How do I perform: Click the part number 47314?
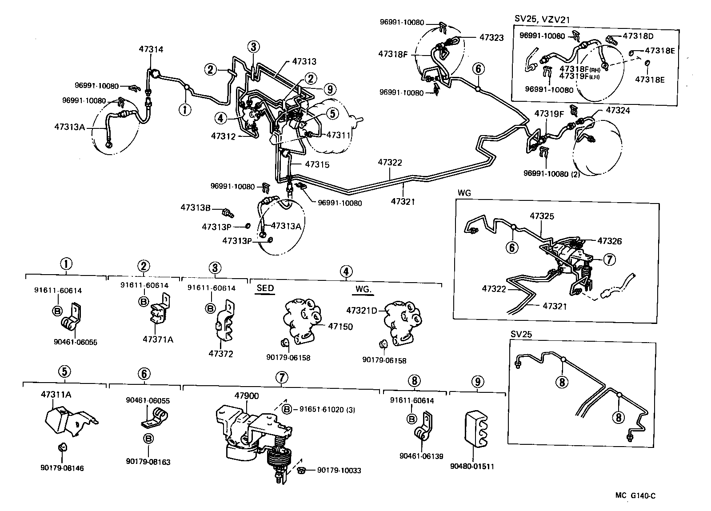pyautogui.click(x=150, y=49)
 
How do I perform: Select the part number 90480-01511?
pyautogui.click(x=472, y=466)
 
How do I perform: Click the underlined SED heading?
pyautogui.click(x=265, y=288)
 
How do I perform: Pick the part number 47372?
pyautogui.click(x=221, y=354)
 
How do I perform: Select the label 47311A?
pyautogui.click(x=56, y=394)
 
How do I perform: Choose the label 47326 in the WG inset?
pyautogui.click(x=609, y=241)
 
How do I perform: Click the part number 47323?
pyautogui.click(x=491, y=38)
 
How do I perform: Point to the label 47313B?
pyautogui.click(x=195, y=207)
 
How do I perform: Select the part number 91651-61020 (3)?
pyautogui.click(x=324, y=409)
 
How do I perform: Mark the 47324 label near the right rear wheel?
pyautogui.click(x=618, y=110)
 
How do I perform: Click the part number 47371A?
pyautogui.click(x=158, y=340)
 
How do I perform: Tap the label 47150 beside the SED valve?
pyautogui.click(x=340, y=327)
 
